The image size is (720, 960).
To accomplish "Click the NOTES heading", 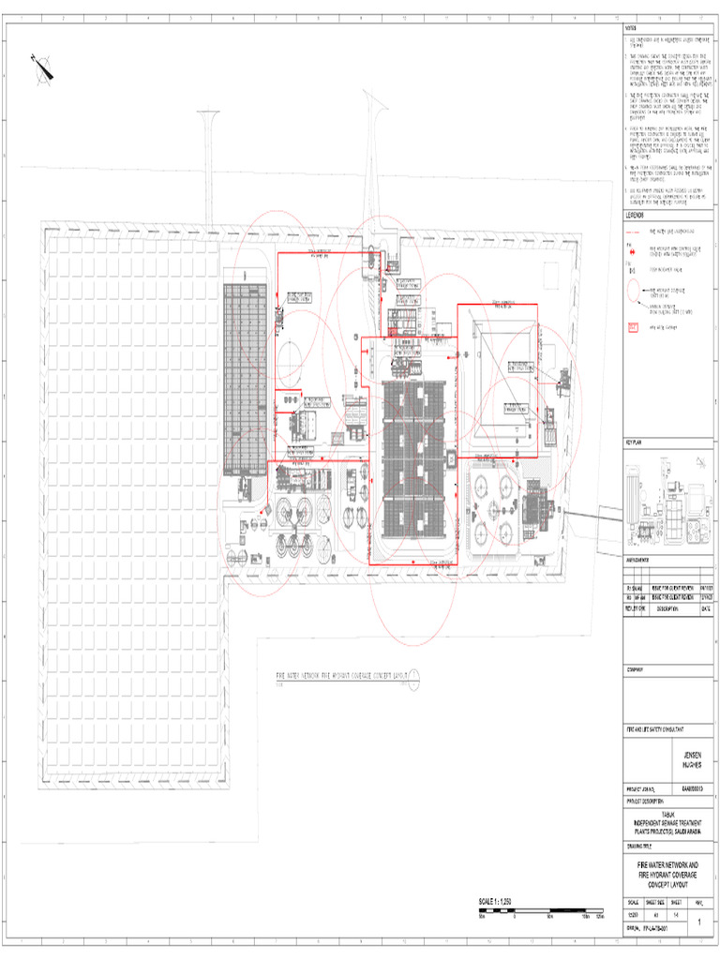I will coord(631,28).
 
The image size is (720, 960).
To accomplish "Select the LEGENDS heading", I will coord(635,215).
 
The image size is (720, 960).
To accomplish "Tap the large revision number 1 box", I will coord(700,922).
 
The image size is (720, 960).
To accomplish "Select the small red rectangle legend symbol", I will coord(633,326).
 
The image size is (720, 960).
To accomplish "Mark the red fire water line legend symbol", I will coord(633,230).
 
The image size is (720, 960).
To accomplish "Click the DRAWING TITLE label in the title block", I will coord(641,843).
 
